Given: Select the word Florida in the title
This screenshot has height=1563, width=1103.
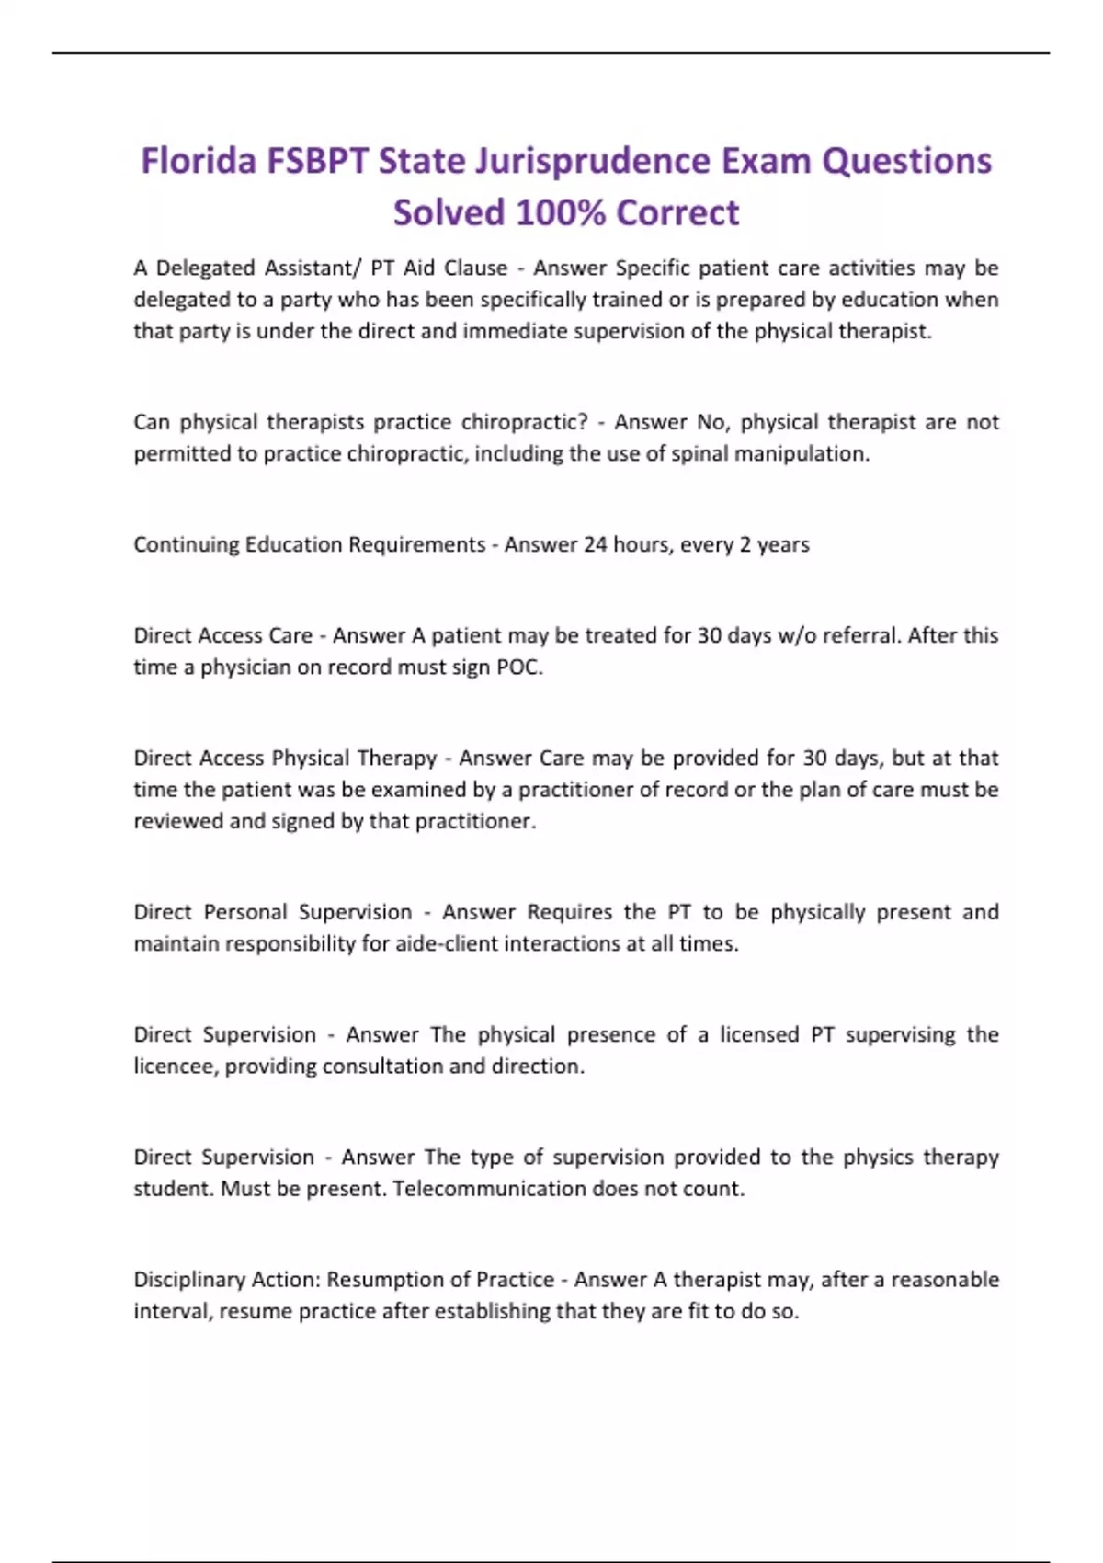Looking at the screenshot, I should (x=199, y=162).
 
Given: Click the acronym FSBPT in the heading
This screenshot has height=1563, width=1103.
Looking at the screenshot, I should (x=318, y=162).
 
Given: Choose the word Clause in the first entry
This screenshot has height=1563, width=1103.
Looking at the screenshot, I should (x=475, y=268).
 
